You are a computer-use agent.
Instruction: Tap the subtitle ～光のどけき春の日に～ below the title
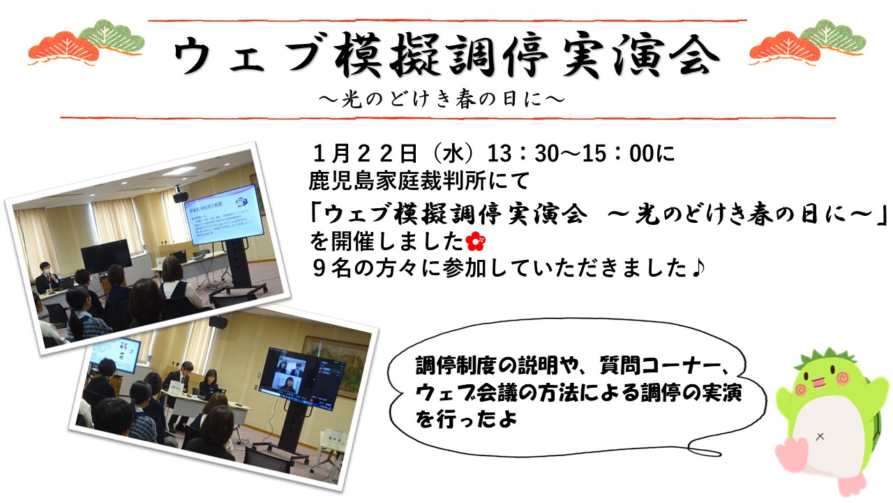click(442, 99)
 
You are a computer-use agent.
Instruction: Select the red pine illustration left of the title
click(63, 48)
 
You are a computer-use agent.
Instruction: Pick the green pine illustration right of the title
click(832, 37)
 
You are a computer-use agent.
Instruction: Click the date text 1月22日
click(365, 153)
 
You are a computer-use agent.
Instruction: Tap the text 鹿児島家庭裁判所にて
click(419, 181)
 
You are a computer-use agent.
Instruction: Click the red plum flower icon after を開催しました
click(476, 242)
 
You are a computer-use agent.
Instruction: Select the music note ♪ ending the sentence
click(698, 268)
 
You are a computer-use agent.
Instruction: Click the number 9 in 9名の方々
click(320, 268)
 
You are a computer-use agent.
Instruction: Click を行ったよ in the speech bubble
click(466, 418)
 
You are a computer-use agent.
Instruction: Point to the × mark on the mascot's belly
click(820, 437)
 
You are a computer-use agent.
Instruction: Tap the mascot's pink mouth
click(819, 382)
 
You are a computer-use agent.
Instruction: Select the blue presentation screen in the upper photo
click(224, 214)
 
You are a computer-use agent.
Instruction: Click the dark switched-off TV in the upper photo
click(107, 256)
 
